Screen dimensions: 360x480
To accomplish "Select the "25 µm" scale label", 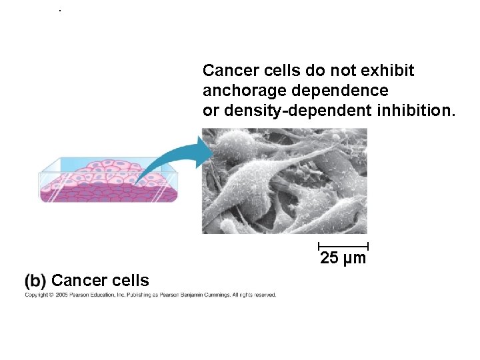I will pos(343,259).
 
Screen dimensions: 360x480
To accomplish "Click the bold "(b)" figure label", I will pos(36,281).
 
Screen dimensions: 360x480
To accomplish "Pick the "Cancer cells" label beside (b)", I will pos(100,281).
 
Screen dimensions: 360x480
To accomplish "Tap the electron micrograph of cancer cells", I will pos(285,181).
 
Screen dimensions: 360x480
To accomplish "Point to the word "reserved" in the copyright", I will pos(263,295).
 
